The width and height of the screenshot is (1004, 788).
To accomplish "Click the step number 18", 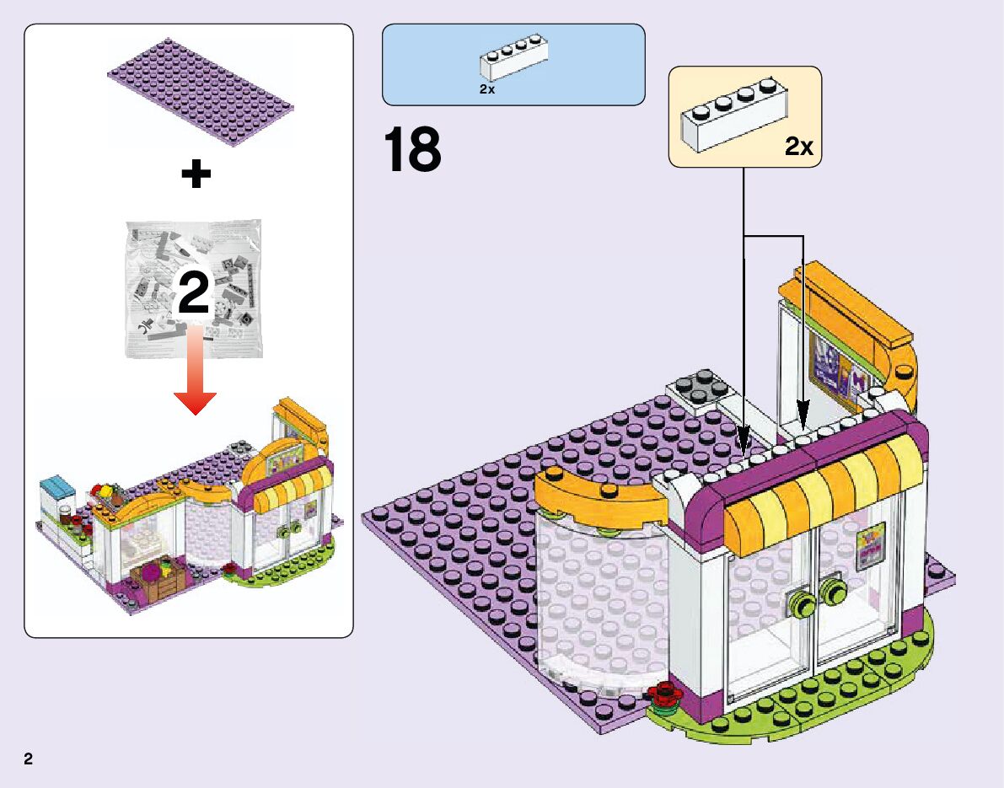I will click(x=412, y=150).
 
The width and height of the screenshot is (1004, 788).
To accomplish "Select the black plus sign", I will click(x=196, y=175).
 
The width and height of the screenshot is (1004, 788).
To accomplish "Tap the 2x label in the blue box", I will click(x=486, y=90).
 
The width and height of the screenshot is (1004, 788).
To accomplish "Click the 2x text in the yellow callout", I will click(x=798, y=147).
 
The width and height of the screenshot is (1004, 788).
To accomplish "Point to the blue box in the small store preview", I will click(x=58, y=487).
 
